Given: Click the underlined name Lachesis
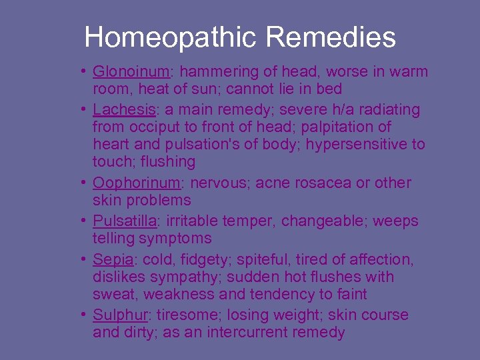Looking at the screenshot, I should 124,109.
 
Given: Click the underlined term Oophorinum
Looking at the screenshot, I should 136,183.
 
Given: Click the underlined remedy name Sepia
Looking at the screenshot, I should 112,259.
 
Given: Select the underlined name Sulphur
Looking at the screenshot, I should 121,315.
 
